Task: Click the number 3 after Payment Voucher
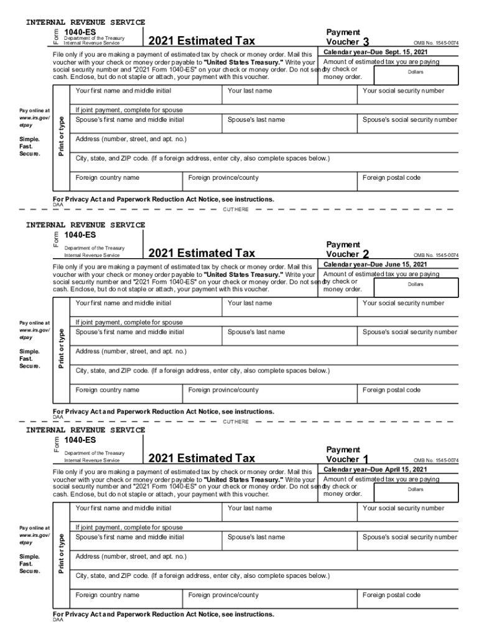point(374,42)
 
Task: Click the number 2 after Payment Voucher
point(366,254)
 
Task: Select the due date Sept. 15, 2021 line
point(375,52)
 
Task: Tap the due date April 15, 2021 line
point(375,469)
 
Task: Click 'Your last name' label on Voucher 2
point(249,303)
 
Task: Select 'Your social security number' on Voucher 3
point(403,91)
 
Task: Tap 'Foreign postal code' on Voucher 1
point(391,595)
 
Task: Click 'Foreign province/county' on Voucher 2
point(223,390)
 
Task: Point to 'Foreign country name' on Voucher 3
point(107,178)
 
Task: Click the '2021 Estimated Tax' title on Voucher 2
point(202,253)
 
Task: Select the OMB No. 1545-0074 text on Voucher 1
point(436,460)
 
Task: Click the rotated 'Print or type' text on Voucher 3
point(61,134)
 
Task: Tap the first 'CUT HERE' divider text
point(236,209)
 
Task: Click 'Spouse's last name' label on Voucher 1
point(256,537)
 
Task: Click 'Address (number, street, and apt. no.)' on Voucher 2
point(131,351)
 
